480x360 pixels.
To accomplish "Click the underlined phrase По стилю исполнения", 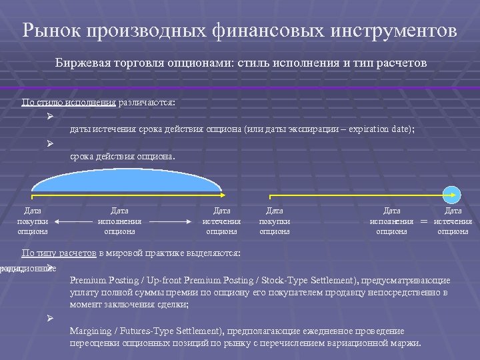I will click(69, 103).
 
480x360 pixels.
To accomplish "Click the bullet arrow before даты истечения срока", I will click(50, 117).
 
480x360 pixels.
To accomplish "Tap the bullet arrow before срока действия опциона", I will click(50, 144).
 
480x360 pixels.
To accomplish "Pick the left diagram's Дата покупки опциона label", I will click(33, 221).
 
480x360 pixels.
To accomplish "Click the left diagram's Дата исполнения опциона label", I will click(119, 221).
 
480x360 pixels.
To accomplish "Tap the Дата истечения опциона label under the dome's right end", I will click(221, 221).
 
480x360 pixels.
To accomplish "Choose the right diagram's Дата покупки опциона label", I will click(274, 221).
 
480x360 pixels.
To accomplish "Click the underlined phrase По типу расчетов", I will click(59, 253).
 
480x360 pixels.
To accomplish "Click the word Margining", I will click(91, 331).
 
